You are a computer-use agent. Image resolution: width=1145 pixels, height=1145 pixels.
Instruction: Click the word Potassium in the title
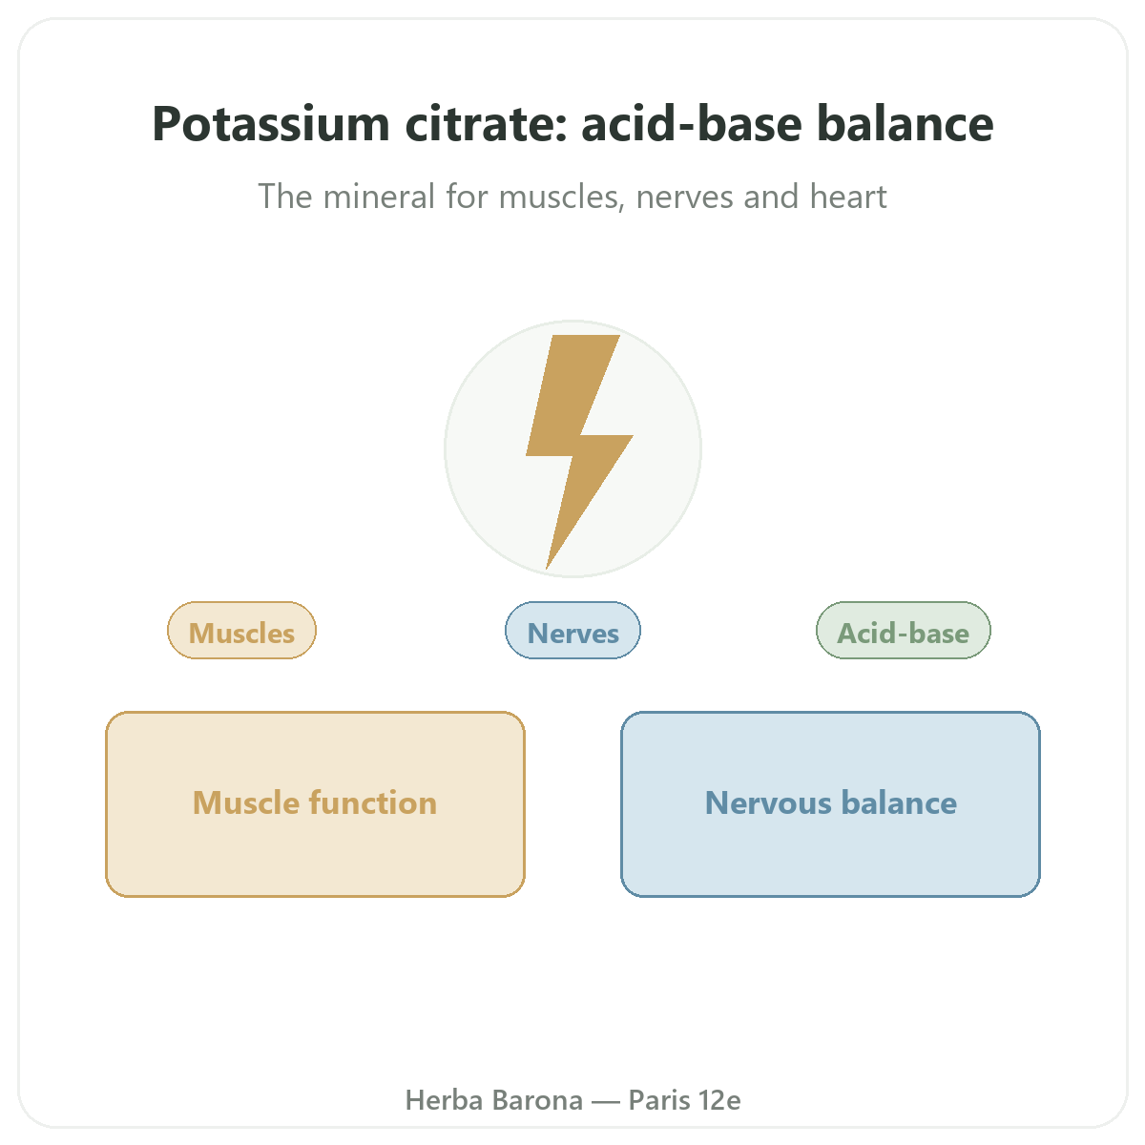pyautogui.click(x=271, y=124)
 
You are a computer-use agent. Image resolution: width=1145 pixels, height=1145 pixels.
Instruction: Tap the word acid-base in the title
pyautogui.click(x=692, y=124)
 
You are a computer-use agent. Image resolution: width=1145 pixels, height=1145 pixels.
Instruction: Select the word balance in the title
pyautogui.click(x=905, y=124)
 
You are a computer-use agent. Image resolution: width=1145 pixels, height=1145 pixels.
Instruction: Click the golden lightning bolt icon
pyautogui.click(x=579, y=451)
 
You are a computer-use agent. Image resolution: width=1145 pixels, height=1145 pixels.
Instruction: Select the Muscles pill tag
pyautogui.click(x=241, y=631)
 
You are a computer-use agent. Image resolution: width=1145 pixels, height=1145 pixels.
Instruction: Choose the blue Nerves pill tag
pyautogui.click(x=572, y=631)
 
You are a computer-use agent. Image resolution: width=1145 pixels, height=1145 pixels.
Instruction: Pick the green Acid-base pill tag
pyautogui.click(x=904, y=631)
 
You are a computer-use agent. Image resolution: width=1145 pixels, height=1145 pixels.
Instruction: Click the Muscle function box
pyautogui.click(x=315, y=804)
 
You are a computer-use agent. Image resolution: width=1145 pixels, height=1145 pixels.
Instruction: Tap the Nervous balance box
pyautogui.click(x=830, y=804)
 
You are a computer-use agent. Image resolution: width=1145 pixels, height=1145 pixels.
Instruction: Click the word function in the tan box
pyautogui.click(x=373, y=802)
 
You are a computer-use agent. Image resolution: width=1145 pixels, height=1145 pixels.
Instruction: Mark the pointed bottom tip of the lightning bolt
pyautogui.click(x=547, y=569)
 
